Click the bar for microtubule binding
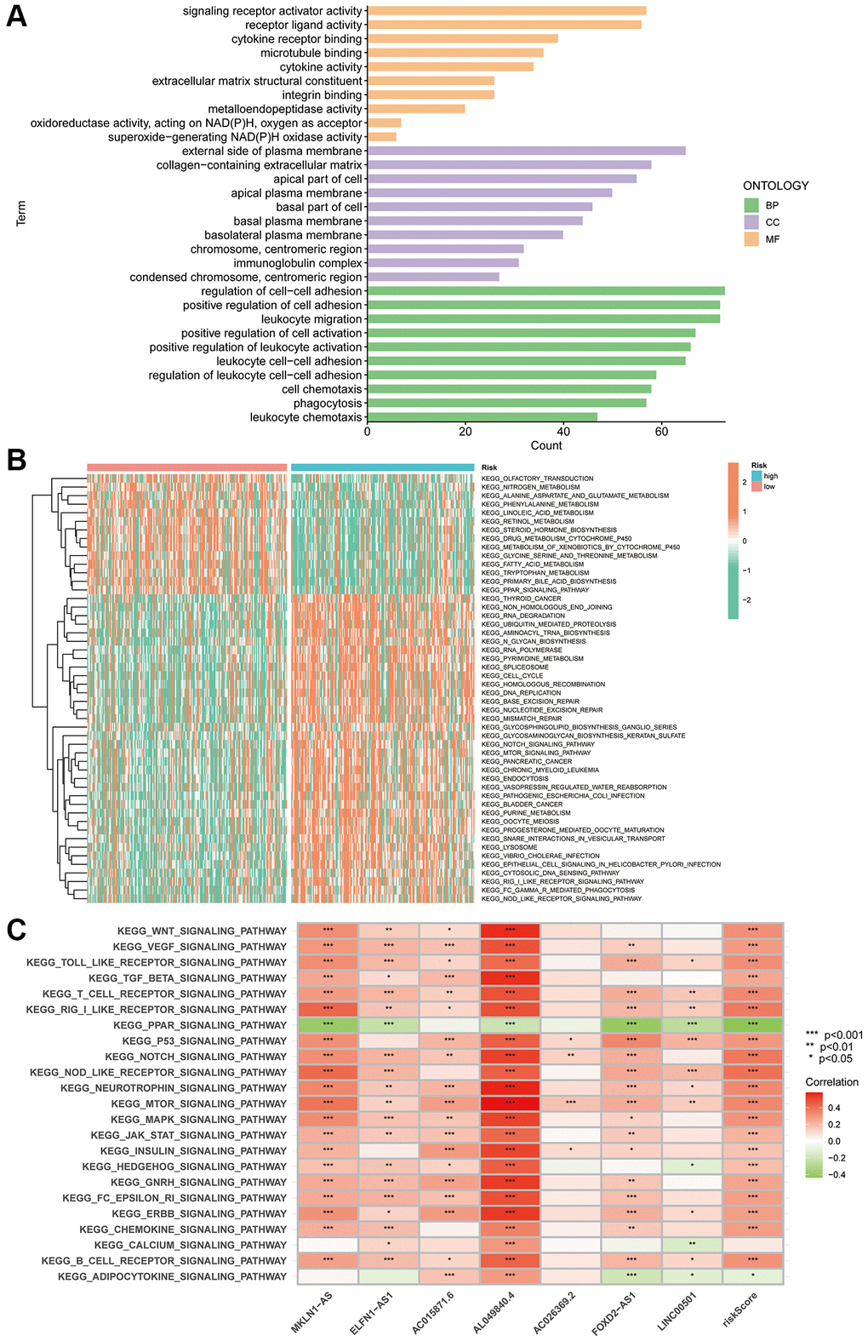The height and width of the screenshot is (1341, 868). tap(455, 53)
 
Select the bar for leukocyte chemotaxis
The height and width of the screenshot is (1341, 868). tap(482, 417)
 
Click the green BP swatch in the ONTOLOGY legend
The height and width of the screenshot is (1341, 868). tap(751, 205)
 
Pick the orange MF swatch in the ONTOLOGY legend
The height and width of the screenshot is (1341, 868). tap(751, 239)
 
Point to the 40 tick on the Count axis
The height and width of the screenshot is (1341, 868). tap(563, 432)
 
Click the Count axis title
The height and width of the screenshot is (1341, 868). tap(545, 445)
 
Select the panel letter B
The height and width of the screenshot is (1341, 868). tap(16, 461)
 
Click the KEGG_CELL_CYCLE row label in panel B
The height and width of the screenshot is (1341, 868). tap(512, 675)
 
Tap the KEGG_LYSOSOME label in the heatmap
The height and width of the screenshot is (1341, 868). tap(509, 847)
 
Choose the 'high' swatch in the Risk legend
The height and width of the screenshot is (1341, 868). tap(757, 476)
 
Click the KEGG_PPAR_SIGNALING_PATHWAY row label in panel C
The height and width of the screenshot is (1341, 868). tap(199, 1025)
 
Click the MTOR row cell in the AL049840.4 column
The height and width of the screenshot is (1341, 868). tap(510, 1103)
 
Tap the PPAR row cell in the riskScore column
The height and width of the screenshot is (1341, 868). tap(752, 1025)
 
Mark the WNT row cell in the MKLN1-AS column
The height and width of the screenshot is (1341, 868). tap(328, 931)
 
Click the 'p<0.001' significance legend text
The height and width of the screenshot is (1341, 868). tap(843, 1035)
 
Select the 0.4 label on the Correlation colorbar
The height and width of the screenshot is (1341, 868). tap(834, 1109)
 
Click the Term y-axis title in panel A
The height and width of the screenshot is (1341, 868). tap(21, 213)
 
